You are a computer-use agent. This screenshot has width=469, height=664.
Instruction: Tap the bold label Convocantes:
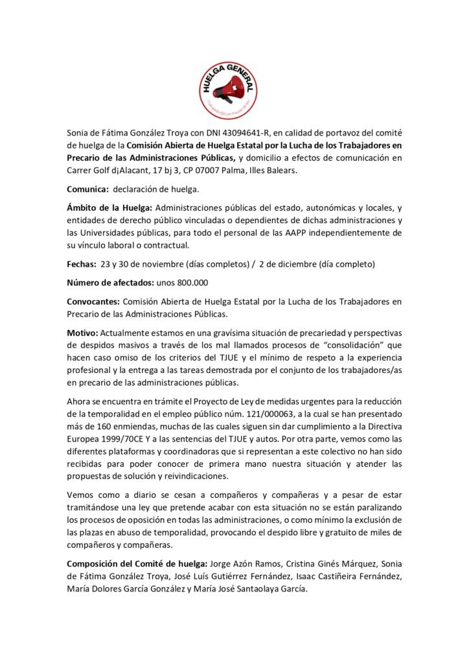[93, 302]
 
